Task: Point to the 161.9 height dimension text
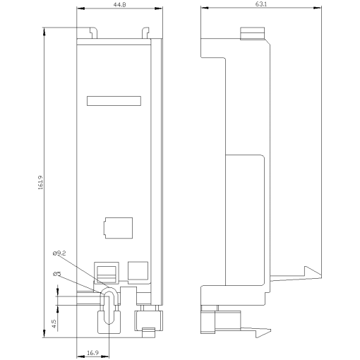[42, 181]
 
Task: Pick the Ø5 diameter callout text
[57, 272]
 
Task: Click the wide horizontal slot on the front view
[114, 101]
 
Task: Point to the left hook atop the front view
[92, 33]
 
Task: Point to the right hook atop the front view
[145, 33]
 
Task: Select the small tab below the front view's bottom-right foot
[148, 332]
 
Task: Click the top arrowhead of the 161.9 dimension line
[44, 30]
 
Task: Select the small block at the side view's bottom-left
[210, 320]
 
